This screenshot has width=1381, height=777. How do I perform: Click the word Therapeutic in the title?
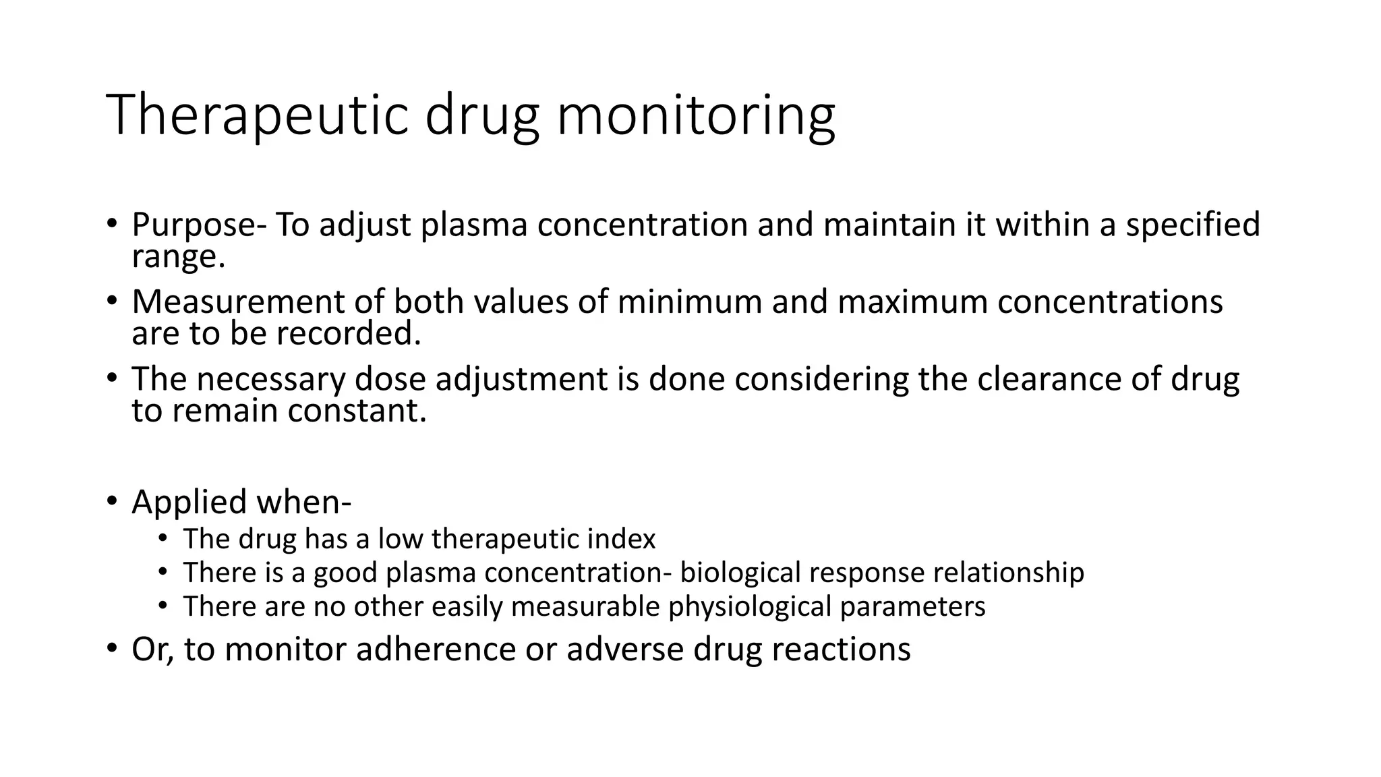pos(257,116)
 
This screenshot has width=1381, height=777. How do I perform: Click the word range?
pos(178,258)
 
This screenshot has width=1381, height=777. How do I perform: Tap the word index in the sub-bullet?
pos(626,539)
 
